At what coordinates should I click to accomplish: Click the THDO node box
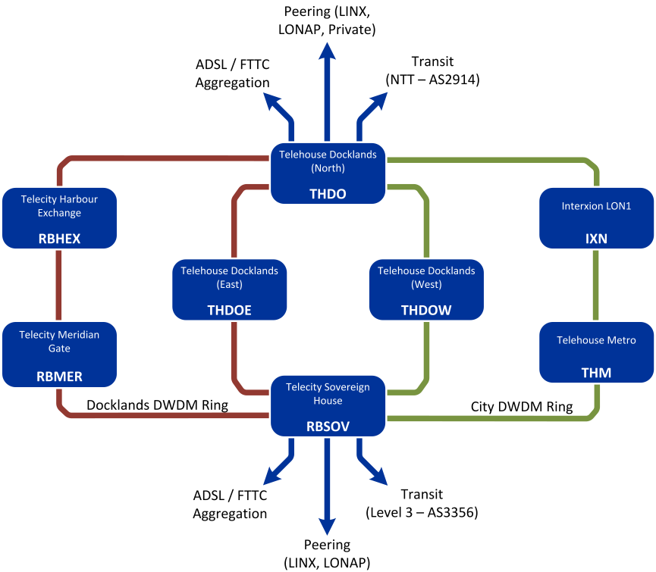pos(328,173)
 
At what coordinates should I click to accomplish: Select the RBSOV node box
pos(328,406)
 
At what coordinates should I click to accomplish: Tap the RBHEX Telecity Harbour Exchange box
pos(60,218)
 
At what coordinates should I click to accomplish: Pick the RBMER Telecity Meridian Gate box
pos(60,353)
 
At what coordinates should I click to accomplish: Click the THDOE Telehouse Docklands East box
pos(230,289)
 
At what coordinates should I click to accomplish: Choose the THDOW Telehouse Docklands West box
pos(426,289)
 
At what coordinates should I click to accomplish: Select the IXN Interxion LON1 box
pos(596,218)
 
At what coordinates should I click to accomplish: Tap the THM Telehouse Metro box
pos(596,353)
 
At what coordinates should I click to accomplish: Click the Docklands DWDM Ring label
pos(157,405)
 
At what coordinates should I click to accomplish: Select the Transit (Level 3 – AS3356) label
pos(422,504)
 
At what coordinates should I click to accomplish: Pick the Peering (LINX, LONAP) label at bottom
pos(328,553)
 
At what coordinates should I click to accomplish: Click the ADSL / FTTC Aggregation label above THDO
pos(233,74)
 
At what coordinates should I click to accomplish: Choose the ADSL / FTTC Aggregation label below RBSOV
pos(230,504)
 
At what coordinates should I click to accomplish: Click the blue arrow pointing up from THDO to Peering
pos(328,91)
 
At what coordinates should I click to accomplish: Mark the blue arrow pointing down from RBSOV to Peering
pos(328,485)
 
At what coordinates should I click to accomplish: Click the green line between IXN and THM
pos(596,284)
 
